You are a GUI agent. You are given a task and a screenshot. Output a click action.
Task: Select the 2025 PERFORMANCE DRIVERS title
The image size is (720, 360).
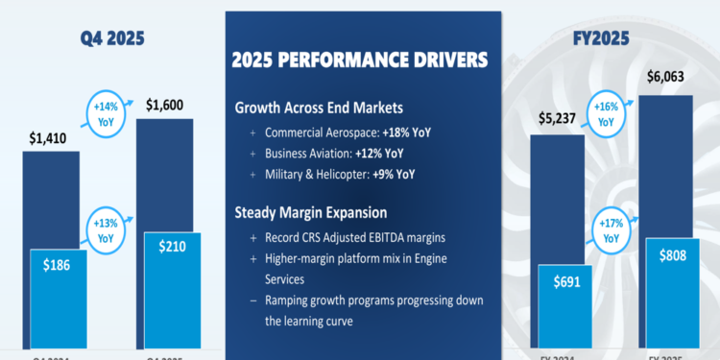tap(360, 60)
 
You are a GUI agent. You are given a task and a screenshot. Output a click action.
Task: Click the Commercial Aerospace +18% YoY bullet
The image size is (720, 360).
tap(347, 132)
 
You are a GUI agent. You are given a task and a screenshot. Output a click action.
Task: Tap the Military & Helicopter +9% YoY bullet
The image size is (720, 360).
tap(341, 175)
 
